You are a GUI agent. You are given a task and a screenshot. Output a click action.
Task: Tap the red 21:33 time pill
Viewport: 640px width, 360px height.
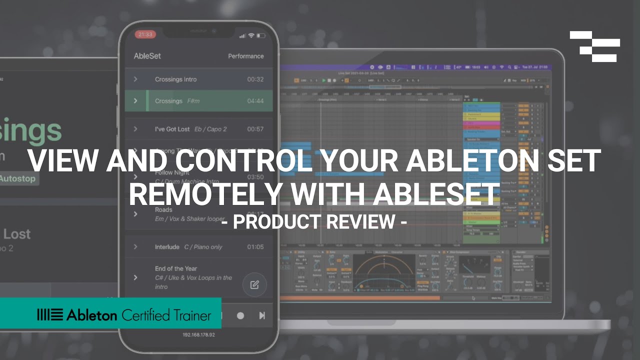[x=145, y=34]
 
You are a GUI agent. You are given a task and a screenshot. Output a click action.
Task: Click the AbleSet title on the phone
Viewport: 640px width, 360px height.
[x=147, y=56]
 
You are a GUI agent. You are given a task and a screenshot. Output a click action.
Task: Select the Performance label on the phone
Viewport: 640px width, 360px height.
[x=245, y=56]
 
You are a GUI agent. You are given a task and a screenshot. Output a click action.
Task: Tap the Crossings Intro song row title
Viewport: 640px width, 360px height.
[x=175, y=79]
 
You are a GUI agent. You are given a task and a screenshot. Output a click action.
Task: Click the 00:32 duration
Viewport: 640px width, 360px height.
[x=255, y=79]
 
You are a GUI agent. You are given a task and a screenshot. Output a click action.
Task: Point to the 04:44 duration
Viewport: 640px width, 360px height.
[x=255, y=101]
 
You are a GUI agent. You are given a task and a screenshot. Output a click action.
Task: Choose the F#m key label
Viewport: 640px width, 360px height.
[x=193, y=101]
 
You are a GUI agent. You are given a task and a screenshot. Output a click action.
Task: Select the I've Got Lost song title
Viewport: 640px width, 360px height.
[x=172, y=129]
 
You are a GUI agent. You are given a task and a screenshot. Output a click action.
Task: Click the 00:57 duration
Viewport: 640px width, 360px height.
[x=255, y=129]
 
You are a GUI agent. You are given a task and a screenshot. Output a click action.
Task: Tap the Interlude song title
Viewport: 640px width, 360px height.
[x=167, y=247]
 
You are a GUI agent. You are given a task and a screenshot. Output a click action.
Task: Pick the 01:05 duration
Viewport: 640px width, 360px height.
[x=255, y=247]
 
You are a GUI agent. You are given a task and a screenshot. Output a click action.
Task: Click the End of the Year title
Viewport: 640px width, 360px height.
[x=176, y=268]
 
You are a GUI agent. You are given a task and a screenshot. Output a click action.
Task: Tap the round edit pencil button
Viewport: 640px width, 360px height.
[x=254, y=285]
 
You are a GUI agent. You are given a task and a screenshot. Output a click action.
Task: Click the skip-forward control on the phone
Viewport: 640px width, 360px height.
[x=261, y=315]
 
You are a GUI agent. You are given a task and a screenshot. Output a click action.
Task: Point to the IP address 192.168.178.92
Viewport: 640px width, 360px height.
[x=198, y=334]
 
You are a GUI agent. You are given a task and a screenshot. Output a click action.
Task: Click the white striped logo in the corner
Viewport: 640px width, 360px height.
[x=595, y=46]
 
